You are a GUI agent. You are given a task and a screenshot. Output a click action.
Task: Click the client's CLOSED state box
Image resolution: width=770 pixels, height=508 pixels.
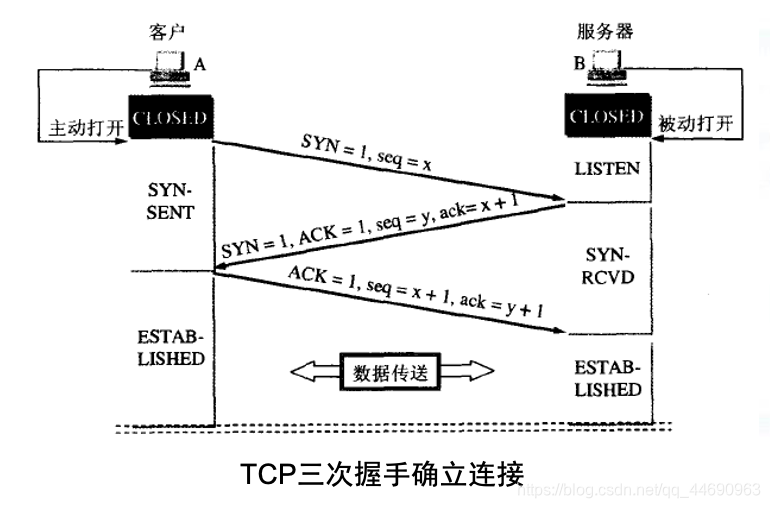tap(169, 118)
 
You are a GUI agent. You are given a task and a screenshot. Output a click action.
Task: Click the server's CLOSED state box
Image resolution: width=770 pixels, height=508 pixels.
tap(605, 117)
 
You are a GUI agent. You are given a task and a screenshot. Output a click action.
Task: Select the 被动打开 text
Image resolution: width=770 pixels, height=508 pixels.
tap(695, 124)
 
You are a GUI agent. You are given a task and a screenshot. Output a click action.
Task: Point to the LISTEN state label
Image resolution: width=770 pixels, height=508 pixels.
tap(607, 168)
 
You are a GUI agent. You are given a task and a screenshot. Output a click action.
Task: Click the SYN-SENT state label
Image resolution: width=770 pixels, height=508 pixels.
tap(169, 202)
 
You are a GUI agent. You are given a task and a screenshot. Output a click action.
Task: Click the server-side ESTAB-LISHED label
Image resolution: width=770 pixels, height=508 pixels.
tap(607, 377)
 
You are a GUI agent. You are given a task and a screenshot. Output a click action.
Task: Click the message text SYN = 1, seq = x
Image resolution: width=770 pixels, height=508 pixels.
tap(367, 150)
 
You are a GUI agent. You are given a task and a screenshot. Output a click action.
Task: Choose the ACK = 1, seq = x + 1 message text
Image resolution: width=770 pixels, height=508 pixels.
tap(415, 291)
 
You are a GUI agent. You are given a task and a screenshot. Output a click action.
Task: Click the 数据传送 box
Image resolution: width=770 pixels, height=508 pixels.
tap(391, 372)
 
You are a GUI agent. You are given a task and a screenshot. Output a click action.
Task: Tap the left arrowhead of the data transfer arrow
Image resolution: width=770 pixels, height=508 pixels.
tap(302, 372)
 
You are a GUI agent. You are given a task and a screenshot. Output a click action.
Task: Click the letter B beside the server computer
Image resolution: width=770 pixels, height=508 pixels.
tap(579, 63)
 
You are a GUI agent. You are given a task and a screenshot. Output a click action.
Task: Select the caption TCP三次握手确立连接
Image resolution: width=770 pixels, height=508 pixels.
tap(382, 473)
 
